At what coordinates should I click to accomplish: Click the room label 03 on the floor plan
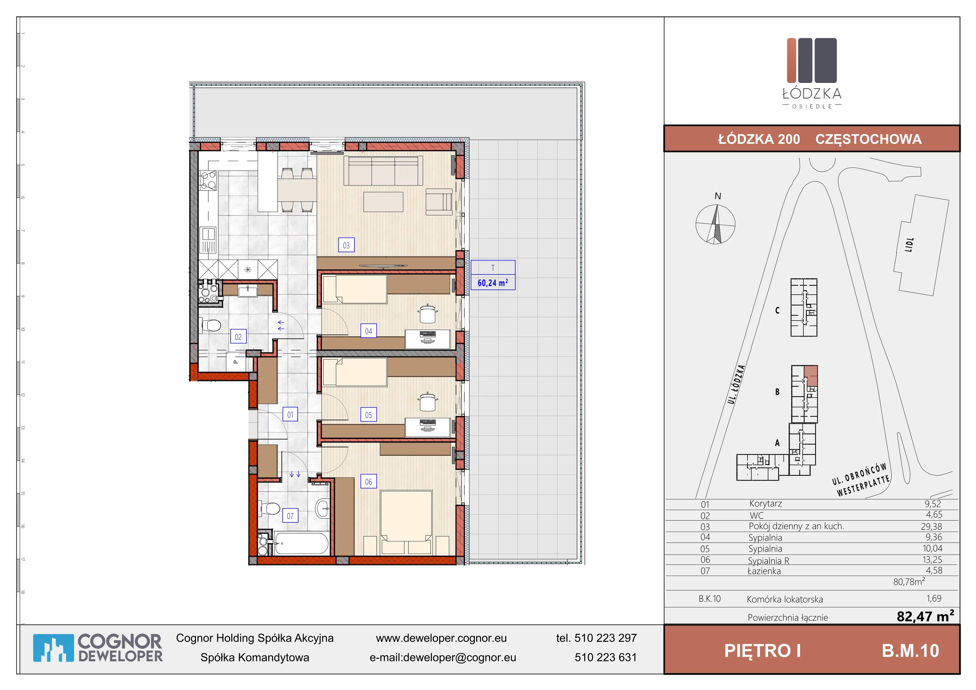pyautogui.click(x=346, y=245)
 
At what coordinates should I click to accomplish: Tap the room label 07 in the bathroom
pyautogui.click(x=290, y=516)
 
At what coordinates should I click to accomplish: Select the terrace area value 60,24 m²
pyautogui.click(x=493, y=283)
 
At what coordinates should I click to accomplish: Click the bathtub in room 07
pyautogui.click(x=301, y=543)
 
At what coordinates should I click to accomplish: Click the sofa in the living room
pyautogui.click(x=383, y=171)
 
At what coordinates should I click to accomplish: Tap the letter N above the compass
pyautogui.click(x=718, y=196)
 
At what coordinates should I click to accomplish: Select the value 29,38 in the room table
pyautogui.click(x=931, y=526)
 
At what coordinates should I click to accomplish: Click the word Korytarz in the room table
pyautogui.click(x=766, y=504)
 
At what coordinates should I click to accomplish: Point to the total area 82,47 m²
pyautogui.click(x=925, y=616)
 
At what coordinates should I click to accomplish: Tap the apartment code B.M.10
pyautogui.click(x=910, y=651)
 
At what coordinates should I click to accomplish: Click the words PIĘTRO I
pyautogui.click(x=762, y=651)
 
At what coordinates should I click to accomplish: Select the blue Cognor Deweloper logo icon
pyautogui.click(x=53, y=648)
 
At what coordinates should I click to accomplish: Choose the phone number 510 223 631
pyautogui.click(x=606, y=657)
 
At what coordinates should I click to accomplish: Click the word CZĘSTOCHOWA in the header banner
pyautogui.click(x=868, y=139)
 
